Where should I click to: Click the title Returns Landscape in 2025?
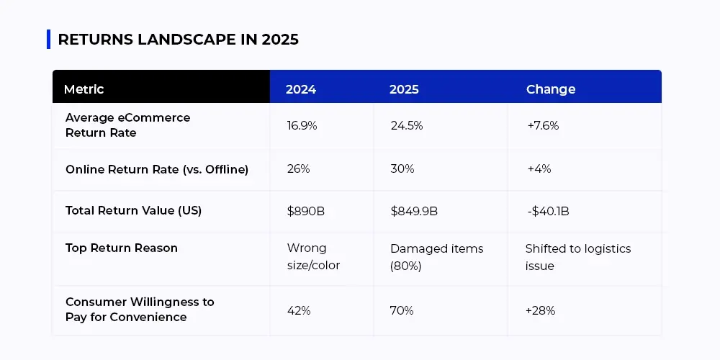178,40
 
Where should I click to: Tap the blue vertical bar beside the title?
48,39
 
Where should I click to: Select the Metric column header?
84,89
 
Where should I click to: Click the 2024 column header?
301,89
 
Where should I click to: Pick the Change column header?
551,89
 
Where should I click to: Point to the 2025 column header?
404,89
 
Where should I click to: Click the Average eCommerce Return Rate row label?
127,125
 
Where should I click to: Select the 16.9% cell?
302,125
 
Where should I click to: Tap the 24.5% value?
407,125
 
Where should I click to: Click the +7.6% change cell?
543,125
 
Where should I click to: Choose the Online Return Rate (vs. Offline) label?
157,169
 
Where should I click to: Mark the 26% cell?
298,169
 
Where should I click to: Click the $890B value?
305,211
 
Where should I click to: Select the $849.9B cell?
414,211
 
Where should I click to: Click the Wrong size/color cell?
313,257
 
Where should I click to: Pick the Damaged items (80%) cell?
436,257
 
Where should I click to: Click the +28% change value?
541,310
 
